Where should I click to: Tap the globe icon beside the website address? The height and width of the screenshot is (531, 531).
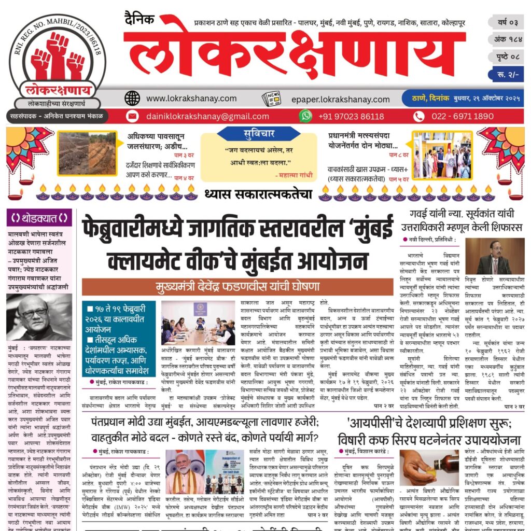[132, 98]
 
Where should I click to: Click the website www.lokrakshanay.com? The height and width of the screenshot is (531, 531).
[191, 98]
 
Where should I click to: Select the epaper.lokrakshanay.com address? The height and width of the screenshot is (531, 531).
[340, 99]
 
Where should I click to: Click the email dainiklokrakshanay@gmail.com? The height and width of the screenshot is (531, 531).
[207, 116]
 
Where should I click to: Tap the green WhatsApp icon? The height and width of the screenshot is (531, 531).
[306, 116]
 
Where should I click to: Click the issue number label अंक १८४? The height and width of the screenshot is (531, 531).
[505, 40]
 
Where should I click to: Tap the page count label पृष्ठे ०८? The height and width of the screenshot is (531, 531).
[505, 57]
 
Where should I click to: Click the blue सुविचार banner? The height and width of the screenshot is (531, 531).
[259, 134]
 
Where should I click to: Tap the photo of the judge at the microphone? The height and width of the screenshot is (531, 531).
[494, 256]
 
